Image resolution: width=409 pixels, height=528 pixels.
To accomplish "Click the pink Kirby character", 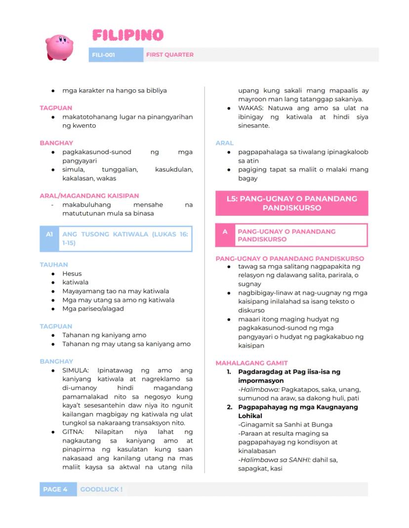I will pyautogui.click(x=59, y=47).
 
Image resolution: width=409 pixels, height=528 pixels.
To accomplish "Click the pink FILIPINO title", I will pyautogui.click(x=127, y=35).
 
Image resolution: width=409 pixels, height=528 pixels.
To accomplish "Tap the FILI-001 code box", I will pyautogui.click(x=103, y=55).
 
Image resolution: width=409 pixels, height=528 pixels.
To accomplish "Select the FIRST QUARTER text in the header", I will pyautogui.click(x=169, y=55).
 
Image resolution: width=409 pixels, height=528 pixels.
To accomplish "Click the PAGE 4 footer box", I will pyautogui.click(x=55, y=489).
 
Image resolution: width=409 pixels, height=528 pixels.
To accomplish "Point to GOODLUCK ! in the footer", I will pyautogui.click(x=101, y=489).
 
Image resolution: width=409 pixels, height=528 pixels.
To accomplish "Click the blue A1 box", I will pyautogui.click(x=49, y=234).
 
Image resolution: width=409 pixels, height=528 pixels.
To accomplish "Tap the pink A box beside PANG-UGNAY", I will pyautogui.click(x=225, y=231).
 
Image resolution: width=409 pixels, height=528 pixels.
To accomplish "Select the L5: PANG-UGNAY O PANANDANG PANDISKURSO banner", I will pyautogui.click(x=291, y=203).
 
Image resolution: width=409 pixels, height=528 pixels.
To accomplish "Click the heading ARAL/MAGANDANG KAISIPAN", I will pyautogui.click(x=89, y=196).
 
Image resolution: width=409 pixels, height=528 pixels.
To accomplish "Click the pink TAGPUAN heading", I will pyautogui.click(x=56, y=108).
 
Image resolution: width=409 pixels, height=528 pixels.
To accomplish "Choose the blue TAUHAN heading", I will pyautogui.click(x=54, y=265).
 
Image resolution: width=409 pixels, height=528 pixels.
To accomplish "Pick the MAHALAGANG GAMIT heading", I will pyautogui.click(x=251, y=363).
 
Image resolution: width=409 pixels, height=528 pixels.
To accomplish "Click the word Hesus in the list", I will pyautogui.click(x=72, y=274).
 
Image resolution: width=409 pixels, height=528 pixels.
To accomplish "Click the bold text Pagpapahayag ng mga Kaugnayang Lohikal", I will pyautogui.click(x=298, y=411).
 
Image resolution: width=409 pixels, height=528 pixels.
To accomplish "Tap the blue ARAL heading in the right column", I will pyautogui.click(x=224, y=143).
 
